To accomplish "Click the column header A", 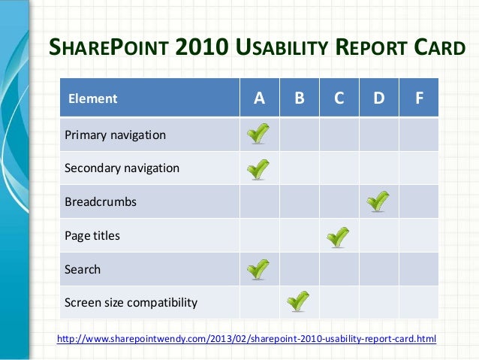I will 259,98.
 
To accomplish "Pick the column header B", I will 299,98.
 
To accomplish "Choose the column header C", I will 339,98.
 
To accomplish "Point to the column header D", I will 379,98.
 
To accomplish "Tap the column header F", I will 418,98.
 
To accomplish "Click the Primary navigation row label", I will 115,135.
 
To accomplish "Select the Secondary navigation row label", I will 122,168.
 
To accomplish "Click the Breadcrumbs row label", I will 101,202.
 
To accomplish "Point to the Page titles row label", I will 92,236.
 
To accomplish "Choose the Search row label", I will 83,269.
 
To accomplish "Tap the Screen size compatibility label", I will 131,303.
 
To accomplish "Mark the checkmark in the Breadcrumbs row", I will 378,201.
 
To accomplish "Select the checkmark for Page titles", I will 339,236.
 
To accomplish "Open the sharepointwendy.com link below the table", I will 246,339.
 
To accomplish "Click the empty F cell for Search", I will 418,269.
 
